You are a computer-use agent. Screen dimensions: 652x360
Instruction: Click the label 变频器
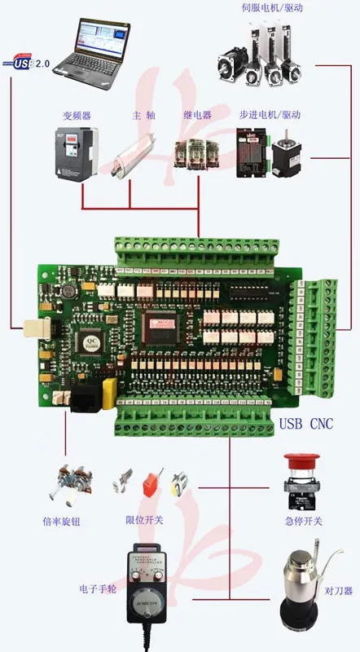pyautogui.click(x=75, y=115)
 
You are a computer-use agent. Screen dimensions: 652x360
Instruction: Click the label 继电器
pyautogui.click(x=198, y=115)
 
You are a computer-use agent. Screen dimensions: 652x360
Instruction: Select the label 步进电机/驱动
pyautogui.click(x=270, y=115)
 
